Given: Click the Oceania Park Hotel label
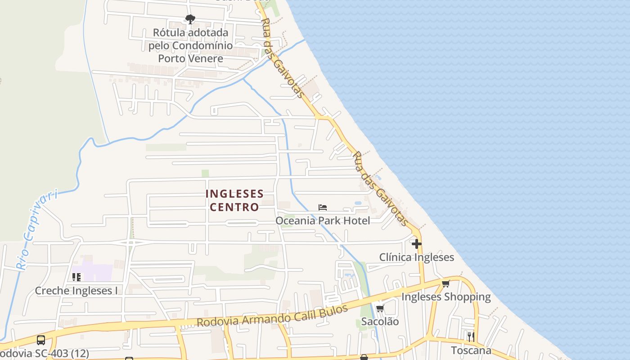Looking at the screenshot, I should point(323,220).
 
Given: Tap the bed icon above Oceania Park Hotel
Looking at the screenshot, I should point(323,207).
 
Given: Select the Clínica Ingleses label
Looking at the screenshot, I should point(417,257).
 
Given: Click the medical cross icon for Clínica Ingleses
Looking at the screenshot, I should point(417,244).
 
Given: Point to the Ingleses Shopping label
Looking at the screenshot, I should point(446,297).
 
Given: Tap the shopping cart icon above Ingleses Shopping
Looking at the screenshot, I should point(446,283).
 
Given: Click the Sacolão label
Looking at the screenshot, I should point(380,321).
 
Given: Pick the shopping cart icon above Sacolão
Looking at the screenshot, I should point(380,309).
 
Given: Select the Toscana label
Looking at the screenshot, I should point(471,350).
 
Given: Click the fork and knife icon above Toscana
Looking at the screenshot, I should point(471,337).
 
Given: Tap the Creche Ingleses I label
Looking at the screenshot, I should point(76,291).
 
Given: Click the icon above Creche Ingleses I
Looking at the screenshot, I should point(76,277).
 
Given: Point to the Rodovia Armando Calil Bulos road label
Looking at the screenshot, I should point(273,316).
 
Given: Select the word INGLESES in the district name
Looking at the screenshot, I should point(234,194).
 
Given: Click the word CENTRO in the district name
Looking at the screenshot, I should point(234,207).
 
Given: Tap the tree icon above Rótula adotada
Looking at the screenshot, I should point(190,19).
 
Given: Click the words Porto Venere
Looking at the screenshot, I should point(190,58).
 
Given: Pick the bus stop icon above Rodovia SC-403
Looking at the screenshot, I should point(40,340).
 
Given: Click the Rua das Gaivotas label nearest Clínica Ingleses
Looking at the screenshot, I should point(380,189).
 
